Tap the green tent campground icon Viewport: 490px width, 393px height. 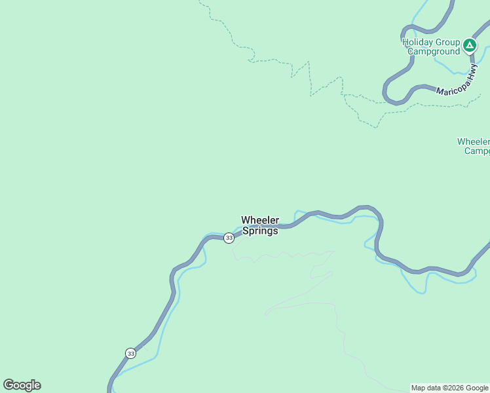pyautogui.click(x=469, y=45)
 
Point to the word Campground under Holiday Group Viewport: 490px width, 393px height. pyautogui.click(x=432, y=51)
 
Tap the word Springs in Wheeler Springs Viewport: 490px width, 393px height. pyautogui.click(x=260, y=231)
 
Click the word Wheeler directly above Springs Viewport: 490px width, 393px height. pyautogui.click(x=260, y=220)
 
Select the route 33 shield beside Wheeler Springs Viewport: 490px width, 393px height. pyautogui.click(x=229, y=238)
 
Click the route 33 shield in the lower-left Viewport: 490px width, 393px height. pyautogui.click(x=131, y=353)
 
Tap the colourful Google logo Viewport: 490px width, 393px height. pyautogui.click(x=22, y=385)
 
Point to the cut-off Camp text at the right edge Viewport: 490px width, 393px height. pyautogui.click(x=477, y=151)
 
